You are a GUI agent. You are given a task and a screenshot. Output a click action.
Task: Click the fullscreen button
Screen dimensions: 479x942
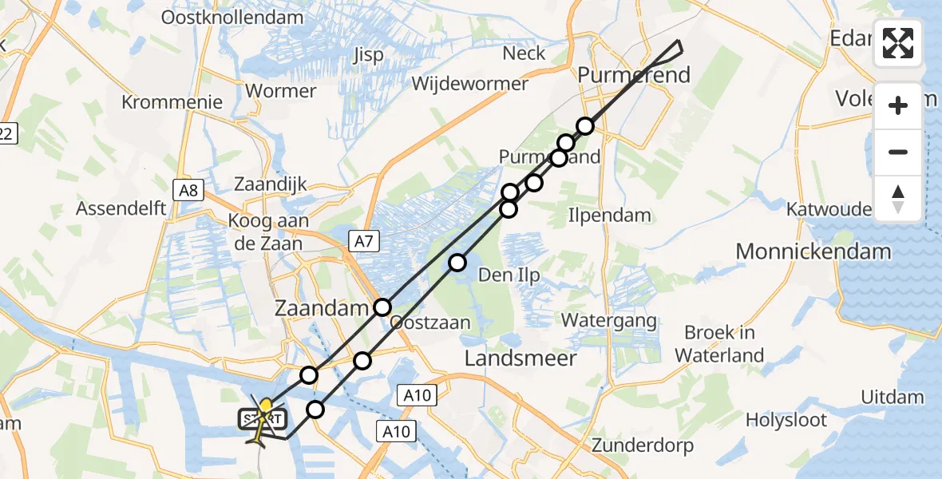(x=898, y=43)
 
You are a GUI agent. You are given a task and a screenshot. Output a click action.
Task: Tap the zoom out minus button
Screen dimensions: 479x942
(x=898, y=152)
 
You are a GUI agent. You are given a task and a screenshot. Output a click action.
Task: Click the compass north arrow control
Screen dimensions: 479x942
(x=898, y=198)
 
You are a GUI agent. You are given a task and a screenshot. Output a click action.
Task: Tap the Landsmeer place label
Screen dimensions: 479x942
(x=521, y=359)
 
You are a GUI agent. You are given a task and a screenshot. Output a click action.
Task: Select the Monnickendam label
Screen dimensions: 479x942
(x=813, y=251)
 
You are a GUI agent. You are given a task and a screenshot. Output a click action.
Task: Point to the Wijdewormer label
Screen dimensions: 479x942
(x=470, y=83)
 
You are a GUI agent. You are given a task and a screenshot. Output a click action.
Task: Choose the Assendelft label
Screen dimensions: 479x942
(x=121, y=209)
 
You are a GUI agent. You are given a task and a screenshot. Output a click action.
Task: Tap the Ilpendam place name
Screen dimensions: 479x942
(x=609, y=215)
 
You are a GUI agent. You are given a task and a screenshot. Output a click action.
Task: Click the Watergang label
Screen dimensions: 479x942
(x=609, y=321)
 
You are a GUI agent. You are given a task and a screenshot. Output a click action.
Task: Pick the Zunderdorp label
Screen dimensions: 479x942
(x=643, y=445)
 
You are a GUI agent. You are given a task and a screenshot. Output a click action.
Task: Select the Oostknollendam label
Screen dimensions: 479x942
(x=221, y=17)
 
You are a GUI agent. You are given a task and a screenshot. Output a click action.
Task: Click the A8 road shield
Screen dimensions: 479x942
(x=189, y=190)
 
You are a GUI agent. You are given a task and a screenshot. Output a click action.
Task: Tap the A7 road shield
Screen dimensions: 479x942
(x=363, y=239)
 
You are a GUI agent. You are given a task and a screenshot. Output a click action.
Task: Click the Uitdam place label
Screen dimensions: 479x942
(x=892, y=398)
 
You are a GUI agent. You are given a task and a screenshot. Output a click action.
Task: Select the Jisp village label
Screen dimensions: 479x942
(x=367, y=55)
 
